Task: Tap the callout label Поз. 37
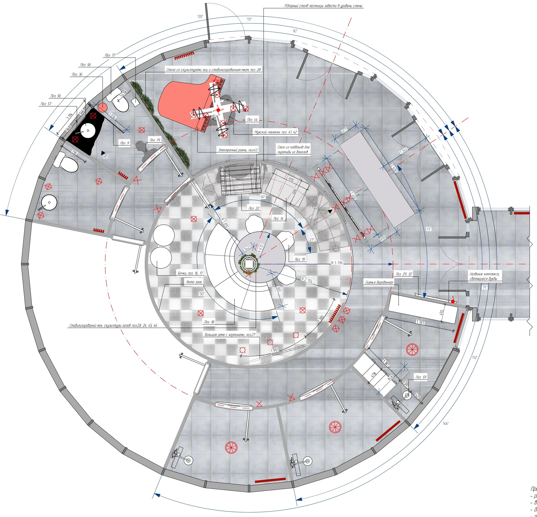pos(110,55)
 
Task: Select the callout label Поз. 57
pos(46,104)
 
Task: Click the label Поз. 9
pos(125,143)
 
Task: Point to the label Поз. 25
pos(155,140)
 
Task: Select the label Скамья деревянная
pos(379,282)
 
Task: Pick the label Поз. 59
pos(421,377)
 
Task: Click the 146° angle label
pos(446,424)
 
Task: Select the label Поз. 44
pos(252,119)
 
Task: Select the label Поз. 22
pos(254,208)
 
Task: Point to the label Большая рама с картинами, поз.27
pos(230,335)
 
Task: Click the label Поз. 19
pos(300,259)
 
